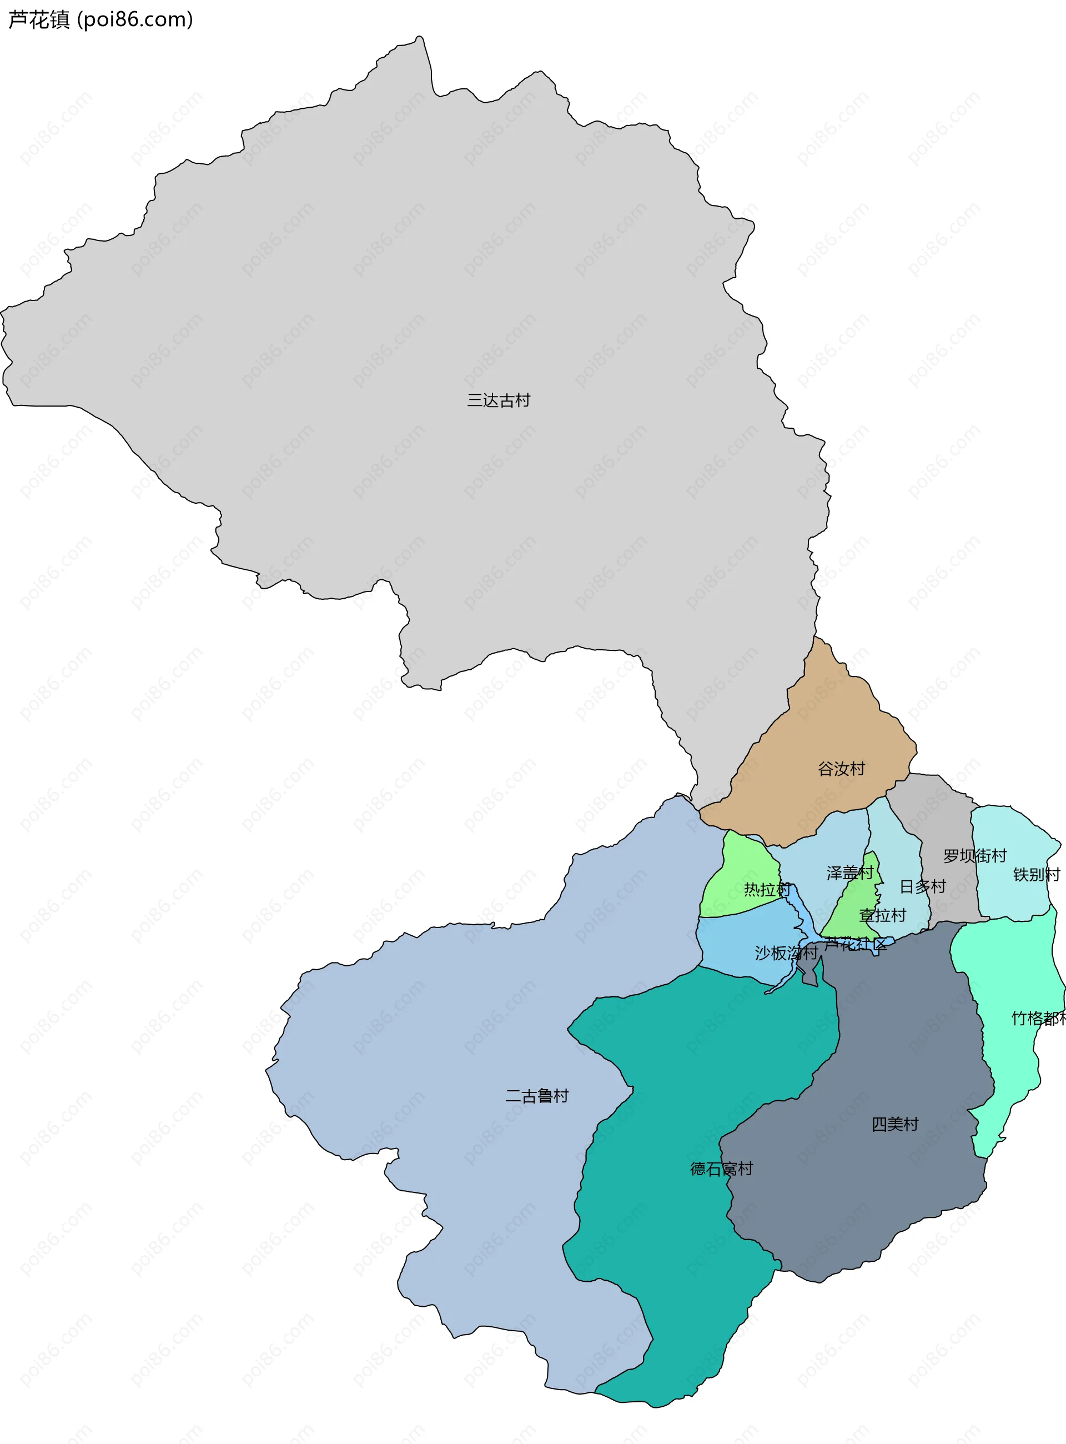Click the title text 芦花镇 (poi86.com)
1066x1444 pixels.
(100, 20)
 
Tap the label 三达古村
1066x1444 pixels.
(498, 401)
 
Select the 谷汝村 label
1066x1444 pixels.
(841, 769)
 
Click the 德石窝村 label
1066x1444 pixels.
(721, 1169)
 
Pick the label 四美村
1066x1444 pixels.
(894, 1125)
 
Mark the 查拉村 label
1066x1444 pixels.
(882, 915)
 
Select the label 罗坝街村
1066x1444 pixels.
(974, 856)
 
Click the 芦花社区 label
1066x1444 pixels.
(855, 944)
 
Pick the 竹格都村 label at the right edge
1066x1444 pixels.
(1038, 1019)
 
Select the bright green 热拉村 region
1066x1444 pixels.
(742, 865)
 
